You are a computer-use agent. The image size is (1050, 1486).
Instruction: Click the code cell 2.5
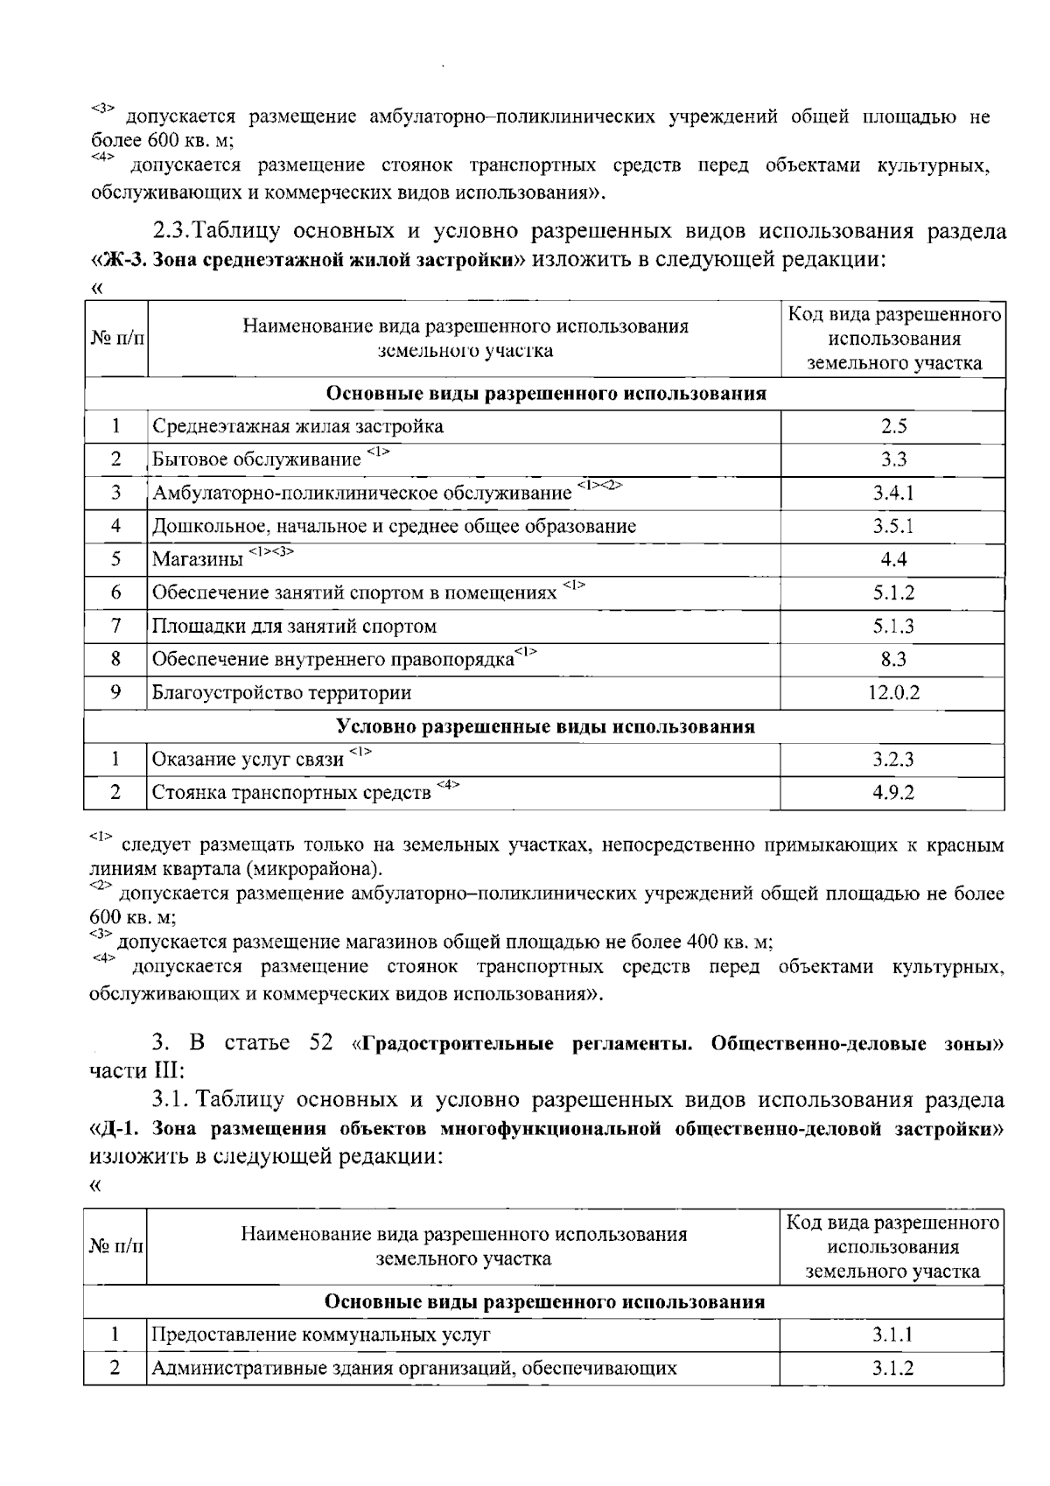(893, 426)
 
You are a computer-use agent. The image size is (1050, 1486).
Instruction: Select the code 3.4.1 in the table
(893, 493)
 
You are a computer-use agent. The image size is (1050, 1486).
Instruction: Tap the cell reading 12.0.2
(893, 693)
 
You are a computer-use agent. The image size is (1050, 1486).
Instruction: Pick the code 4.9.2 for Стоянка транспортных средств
(893, 793)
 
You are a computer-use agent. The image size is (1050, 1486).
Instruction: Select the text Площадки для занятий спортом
(294, 627)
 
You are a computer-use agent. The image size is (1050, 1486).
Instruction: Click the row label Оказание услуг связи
(248, 760)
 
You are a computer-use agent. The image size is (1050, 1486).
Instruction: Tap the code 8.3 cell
(893, 660)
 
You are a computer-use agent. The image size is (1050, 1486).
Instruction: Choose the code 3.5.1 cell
(893, 526)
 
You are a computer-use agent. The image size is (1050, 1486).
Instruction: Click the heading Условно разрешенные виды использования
(545, 726)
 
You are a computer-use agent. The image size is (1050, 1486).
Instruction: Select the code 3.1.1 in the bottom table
(892, 1335)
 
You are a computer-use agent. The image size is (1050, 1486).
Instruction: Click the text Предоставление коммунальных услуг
(321, 1335)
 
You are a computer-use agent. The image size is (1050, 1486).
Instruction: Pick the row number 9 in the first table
(115, 693)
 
